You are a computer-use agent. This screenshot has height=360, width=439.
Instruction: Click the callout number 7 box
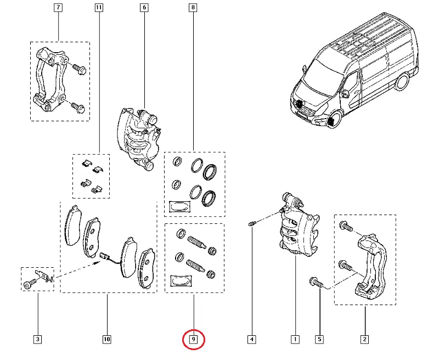tap(58, 8)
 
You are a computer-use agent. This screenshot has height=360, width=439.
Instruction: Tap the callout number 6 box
tap(144, 8)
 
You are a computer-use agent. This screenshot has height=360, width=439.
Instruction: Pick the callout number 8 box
tap(193, 8)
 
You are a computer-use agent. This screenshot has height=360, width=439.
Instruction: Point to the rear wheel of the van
tap(403, 82)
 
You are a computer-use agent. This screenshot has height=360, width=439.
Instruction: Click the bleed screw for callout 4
tap(251, 224)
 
